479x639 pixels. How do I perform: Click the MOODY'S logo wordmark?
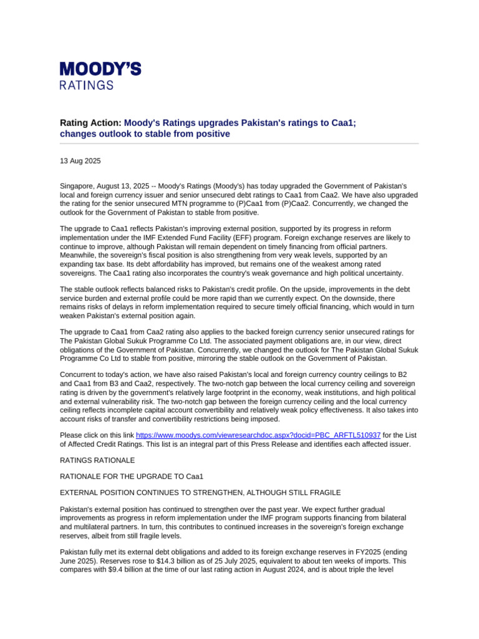click(x=100, y=69)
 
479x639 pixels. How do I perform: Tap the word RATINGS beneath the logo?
click(x=87, y=85)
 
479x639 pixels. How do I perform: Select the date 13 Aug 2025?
click(x=80, y=161)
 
